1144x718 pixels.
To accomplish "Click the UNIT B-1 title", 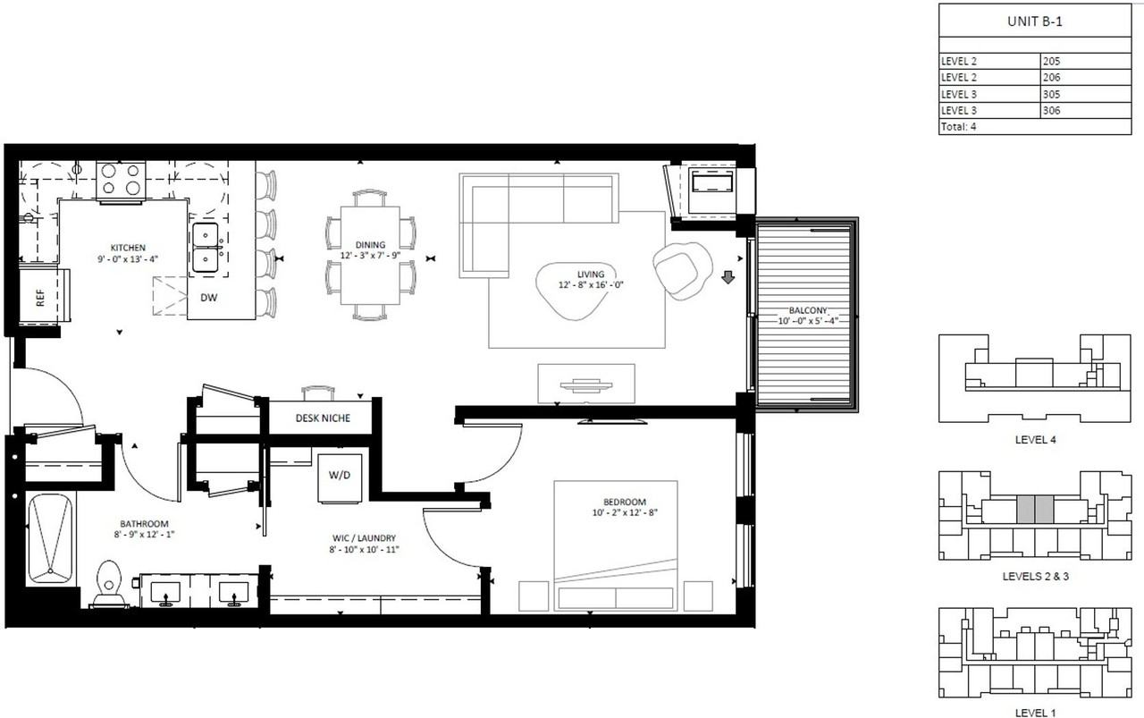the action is coord(1035,21).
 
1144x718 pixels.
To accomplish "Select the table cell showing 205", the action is coord(1086,62).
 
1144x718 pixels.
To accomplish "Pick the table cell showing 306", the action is coord(1086,110).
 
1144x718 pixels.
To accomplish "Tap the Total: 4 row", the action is coord(1035,127).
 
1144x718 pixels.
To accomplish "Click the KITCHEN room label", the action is coord(128,248).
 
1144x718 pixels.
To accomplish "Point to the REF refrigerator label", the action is coord(40,298).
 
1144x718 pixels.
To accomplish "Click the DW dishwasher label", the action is coord(208,298).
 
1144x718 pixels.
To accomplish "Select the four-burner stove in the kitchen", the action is coord(121,181).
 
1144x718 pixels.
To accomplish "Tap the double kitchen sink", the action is coord(206,249).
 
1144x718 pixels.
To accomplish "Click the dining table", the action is coord(370,255).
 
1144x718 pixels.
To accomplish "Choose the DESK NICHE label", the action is coord(323,418).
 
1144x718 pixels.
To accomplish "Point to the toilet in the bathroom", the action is coord(108,584).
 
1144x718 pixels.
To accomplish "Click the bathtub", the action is coord(51,540).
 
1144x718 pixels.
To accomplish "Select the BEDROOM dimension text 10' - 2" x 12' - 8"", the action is coord(625,512).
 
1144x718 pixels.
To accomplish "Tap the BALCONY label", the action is coord(808,310).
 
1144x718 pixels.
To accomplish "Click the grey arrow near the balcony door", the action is coord(728,277).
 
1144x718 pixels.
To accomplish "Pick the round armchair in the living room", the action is coord(682,270).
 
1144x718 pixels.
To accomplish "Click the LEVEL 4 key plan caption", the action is coord(1035,440).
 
